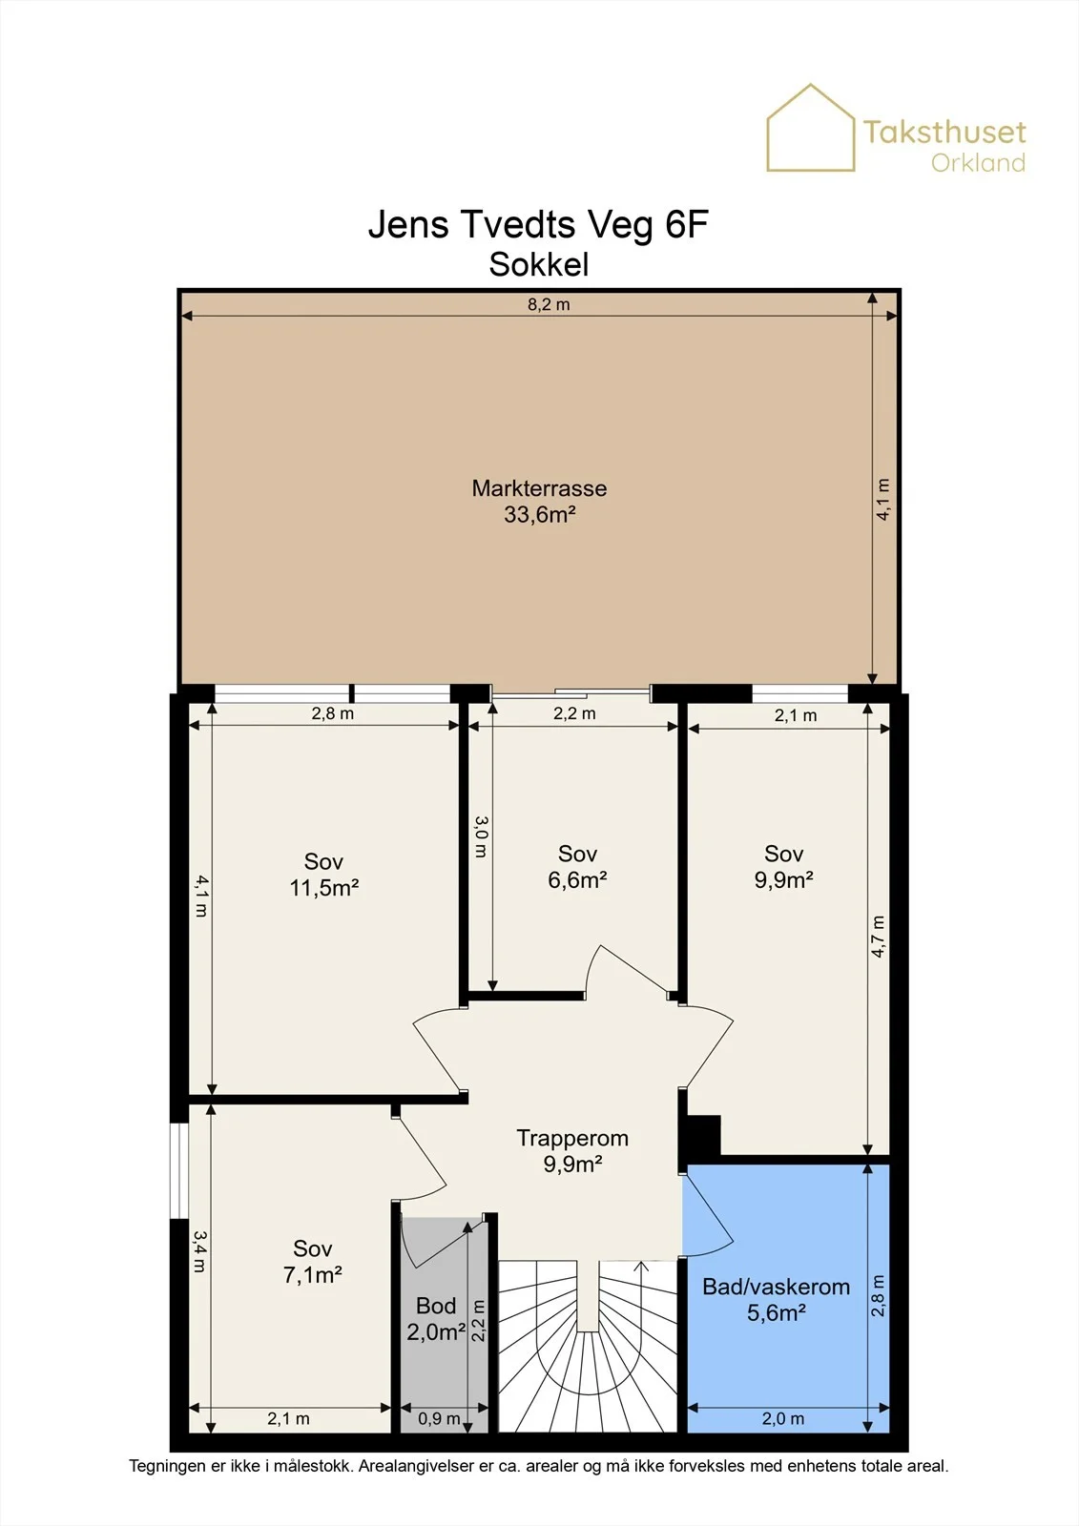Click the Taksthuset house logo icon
point(811,128)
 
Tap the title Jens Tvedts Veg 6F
point(538,224)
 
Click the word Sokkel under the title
point(538,265)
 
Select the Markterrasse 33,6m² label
point(539,501)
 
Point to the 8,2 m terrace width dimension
point(549,304)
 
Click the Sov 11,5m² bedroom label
point(323,874)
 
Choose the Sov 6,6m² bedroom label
point(577,866)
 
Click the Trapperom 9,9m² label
point(572,1150)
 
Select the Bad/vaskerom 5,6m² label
point(777,1299)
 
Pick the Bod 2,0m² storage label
point(436,1318)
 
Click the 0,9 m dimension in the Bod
point(439,1418)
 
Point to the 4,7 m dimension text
point(879,937)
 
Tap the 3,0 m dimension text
point(480,836)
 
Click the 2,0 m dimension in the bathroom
point(783,1418)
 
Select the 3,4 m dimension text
point(199,1250)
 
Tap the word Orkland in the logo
point(978,162)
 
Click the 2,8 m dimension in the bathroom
point(879,1296)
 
